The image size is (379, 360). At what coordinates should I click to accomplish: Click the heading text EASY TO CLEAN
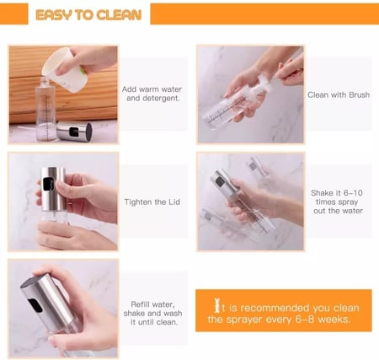88,15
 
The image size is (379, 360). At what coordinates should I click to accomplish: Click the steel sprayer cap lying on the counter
74,132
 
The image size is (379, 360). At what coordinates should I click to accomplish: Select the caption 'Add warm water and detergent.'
152,94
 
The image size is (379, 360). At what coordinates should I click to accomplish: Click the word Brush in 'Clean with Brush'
359,94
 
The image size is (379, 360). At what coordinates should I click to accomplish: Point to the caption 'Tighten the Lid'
152,201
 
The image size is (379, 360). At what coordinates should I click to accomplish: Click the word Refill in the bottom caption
140,304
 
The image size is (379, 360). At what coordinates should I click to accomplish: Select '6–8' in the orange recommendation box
304,320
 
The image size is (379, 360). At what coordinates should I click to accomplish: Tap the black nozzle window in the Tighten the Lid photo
47,184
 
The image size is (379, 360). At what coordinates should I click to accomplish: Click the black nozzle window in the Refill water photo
35,306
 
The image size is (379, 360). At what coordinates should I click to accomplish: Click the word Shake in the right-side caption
322,193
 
